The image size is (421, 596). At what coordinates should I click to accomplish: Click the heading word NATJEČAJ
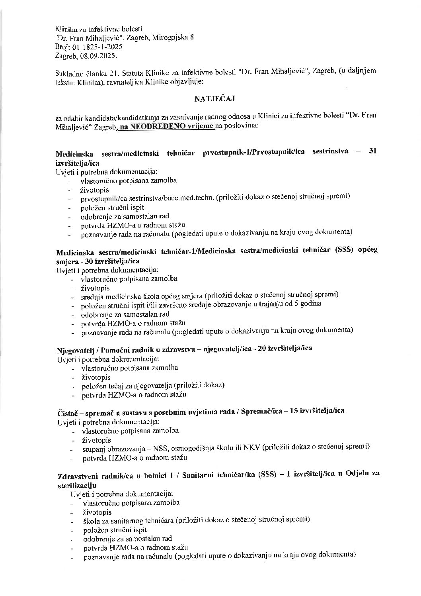tap(215, 99)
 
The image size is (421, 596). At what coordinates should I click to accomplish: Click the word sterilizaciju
tap(77, 486)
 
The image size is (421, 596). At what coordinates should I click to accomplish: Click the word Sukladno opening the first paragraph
tap(70, 73)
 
